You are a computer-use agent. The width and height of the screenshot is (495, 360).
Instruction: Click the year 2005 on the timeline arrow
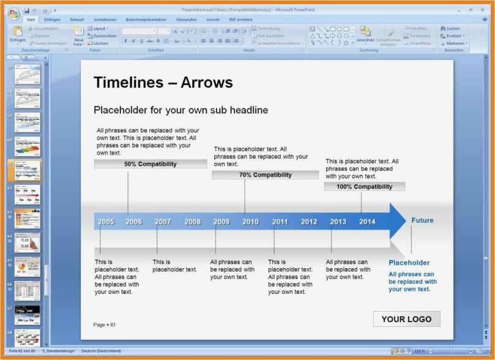pos(106,222)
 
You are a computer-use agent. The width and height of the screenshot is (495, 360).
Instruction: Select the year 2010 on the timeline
pos(250,222)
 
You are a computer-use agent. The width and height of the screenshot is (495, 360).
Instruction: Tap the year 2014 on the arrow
pos(367,222)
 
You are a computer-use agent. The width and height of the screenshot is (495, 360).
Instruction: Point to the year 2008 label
pos(193,222)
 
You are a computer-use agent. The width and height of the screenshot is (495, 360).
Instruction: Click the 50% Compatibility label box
pos(151,164)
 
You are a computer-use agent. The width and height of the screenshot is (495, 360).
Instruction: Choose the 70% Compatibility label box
pos(265,175)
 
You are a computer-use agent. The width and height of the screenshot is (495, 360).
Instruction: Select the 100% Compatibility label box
pos(364,187)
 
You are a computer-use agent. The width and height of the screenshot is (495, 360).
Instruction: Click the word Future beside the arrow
pos(422,220)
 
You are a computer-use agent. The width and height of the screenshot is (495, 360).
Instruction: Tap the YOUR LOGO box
pos(406,319)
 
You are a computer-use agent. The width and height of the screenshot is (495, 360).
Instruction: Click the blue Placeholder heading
pos(409,263)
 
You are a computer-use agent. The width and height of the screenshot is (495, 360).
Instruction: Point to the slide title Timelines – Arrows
pos(163,83)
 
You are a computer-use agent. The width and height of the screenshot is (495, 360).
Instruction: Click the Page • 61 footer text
pos(104,324)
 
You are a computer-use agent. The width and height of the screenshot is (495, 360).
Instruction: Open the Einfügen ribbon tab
pos(53,20)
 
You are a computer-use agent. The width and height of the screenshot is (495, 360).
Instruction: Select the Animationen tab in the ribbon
pos(105,20)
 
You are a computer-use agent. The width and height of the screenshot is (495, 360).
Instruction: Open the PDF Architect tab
pos(240,20)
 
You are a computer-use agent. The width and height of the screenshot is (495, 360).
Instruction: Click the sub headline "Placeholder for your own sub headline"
pos(181,110)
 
